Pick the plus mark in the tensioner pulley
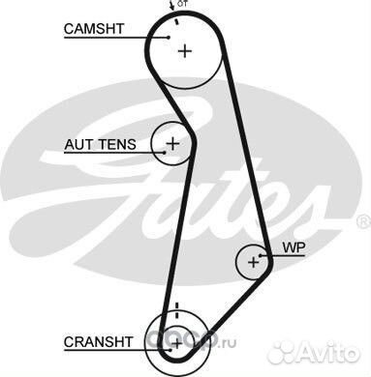tap(172, 145)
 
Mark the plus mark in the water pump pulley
tap(254, 261)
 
